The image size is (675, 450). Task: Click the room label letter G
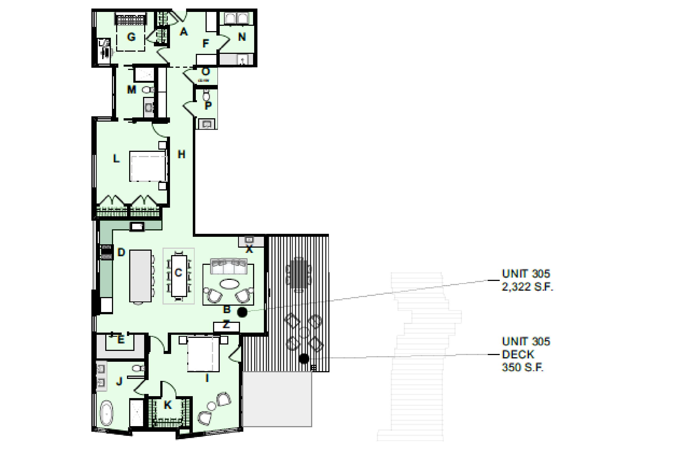[x=131, y=37]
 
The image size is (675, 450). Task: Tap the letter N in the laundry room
[x=242, y=37]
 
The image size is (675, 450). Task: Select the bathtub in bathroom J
[x=106, y=413]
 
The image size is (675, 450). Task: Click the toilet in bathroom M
[x=147, y=90]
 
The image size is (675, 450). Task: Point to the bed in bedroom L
[x=148, y=166]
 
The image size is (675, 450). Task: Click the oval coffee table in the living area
[x=229, y=284]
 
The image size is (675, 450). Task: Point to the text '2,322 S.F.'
[x=527, y=287]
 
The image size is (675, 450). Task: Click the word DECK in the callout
[x=518, y=355]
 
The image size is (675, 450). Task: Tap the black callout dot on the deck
[x=304, y=358]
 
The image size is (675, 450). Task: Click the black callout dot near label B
[x=242, y=312]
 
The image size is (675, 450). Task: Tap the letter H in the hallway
[x=181, y=154]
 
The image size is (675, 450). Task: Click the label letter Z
[x=226, y=325]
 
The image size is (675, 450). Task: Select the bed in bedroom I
[x=203, y=354]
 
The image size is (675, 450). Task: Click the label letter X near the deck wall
[x=249, y=249]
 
